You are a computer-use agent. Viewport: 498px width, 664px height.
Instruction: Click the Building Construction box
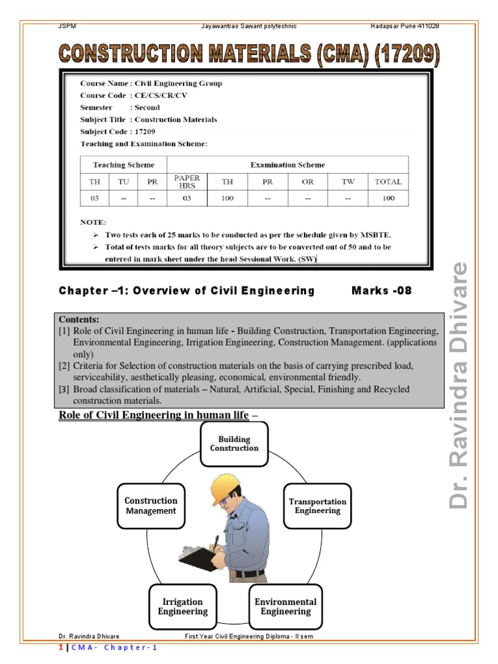[234, 444]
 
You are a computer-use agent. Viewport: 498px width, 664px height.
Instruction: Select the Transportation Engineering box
[317, 506]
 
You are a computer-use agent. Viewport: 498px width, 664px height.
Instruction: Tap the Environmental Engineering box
[285, 607]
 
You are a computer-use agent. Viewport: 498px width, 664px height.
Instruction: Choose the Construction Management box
[150, 506]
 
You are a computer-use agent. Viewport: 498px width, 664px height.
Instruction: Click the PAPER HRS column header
[187, 182]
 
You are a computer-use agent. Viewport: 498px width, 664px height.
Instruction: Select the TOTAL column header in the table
[388, 182]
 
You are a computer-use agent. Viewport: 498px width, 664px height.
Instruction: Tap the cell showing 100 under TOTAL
[388, 198]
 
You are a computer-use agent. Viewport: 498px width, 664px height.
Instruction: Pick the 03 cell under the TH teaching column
[95, 198]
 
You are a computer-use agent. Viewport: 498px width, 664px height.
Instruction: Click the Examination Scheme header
[287, 165]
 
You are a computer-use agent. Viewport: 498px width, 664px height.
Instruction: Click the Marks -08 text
[381, 290]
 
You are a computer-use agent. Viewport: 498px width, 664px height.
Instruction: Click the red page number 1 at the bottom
[61, 648]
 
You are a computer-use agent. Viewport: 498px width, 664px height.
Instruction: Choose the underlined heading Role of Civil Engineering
[154, 415]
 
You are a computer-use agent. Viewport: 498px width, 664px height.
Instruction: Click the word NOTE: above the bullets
[93, 222]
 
